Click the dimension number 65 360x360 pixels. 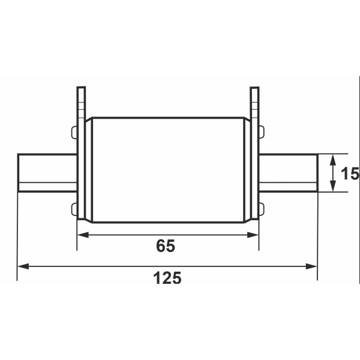(166, 245)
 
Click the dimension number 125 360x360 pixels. (167, 278)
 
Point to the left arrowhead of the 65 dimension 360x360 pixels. (83, 235)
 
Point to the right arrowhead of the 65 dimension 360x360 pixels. (253, 235)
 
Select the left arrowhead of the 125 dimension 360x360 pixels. (23, 266)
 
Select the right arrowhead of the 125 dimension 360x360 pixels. (311, 266)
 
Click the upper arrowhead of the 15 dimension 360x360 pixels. (333, 160)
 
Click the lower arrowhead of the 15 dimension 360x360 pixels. (333, 186)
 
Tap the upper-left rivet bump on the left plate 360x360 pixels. (74, 133)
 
